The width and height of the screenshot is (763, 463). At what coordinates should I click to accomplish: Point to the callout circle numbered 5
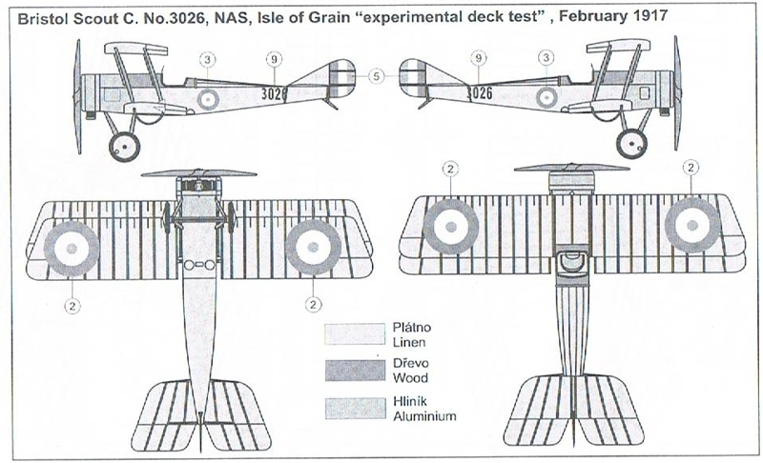(x=376, y=74)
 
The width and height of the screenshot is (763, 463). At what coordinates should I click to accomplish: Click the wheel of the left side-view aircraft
(x=124, y=145)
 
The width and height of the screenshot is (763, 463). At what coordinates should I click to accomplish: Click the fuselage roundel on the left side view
(x=209, y=96)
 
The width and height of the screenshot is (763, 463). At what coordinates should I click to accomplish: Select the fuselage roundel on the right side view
(x=546, y=96)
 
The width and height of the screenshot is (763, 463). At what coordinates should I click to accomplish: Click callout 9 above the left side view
(x=274, y=59)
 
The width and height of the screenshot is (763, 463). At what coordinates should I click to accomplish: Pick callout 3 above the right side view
(x=546, y=59)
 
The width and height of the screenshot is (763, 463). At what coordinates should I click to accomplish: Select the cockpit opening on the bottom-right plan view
(x=569, y=260)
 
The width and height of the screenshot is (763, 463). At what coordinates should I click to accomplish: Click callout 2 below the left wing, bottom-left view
(x=71, y=305)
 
